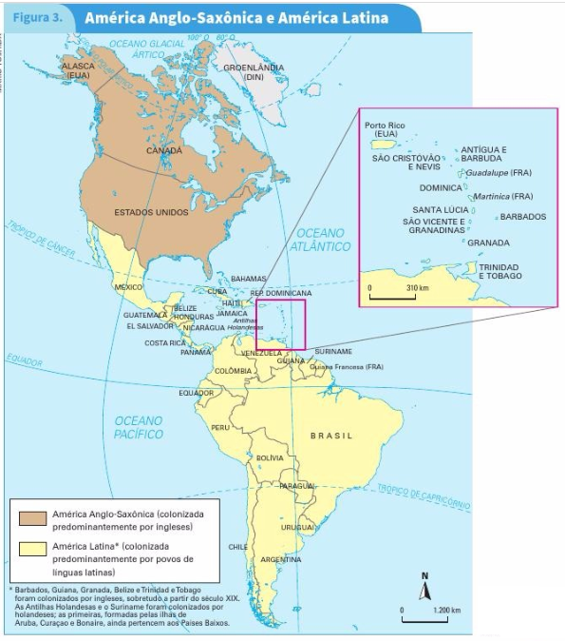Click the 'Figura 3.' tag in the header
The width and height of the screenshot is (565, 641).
point(38,17)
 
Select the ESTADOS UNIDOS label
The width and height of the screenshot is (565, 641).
point(151,212)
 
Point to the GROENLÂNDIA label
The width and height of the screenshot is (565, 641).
point(254,71)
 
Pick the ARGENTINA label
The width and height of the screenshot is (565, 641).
point(281,559)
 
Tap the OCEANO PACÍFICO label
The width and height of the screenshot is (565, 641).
point(139,427)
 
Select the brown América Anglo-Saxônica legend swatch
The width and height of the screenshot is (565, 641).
point(33,518)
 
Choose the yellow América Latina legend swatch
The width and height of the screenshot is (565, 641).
point(33,551)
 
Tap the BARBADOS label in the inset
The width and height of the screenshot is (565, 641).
point(523,217)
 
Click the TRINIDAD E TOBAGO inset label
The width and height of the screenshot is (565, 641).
point(499,272)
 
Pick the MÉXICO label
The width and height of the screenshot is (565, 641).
point(128,286)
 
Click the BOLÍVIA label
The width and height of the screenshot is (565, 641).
point(270,457)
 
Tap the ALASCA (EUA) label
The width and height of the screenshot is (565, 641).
point(79,69)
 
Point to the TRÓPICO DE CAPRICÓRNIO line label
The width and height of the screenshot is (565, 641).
point(424,495)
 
